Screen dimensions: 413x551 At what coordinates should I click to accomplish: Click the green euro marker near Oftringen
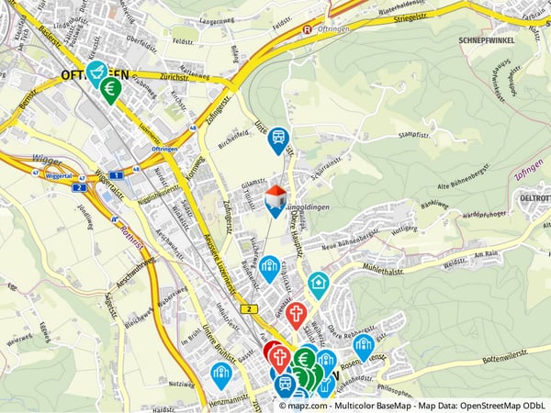111,89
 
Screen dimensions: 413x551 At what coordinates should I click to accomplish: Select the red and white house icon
275,197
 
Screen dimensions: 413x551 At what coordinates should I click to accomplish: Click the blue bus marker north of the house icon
278,140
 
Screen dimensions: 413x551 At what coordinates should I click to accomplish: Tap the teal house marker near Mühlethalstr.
318,284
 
